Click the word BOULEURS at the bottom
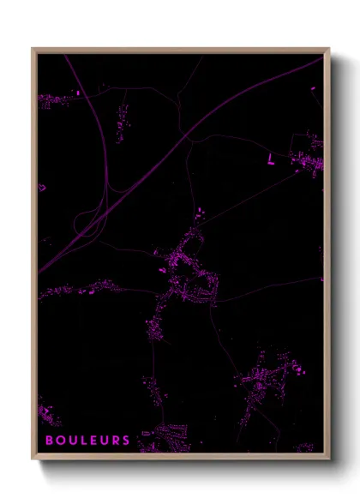click(x=87, y=440)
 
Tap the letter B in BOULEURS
click(x=49, y=440)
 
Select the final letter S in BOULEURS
click(x=126, y=440)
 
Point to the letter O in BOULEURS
click(x=59, y=440)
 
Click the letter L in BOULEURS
click(x=81, y=440)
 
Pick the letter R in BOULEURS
click(x=115, y=440)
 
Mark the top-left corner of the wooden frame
click(x=33, y=49)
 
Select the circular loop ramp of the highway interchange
click(x=87, y=224)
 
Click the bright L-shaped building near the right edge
click(x=272, y=158)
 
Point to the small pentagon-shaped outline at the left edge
click(x=41, y=186)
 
